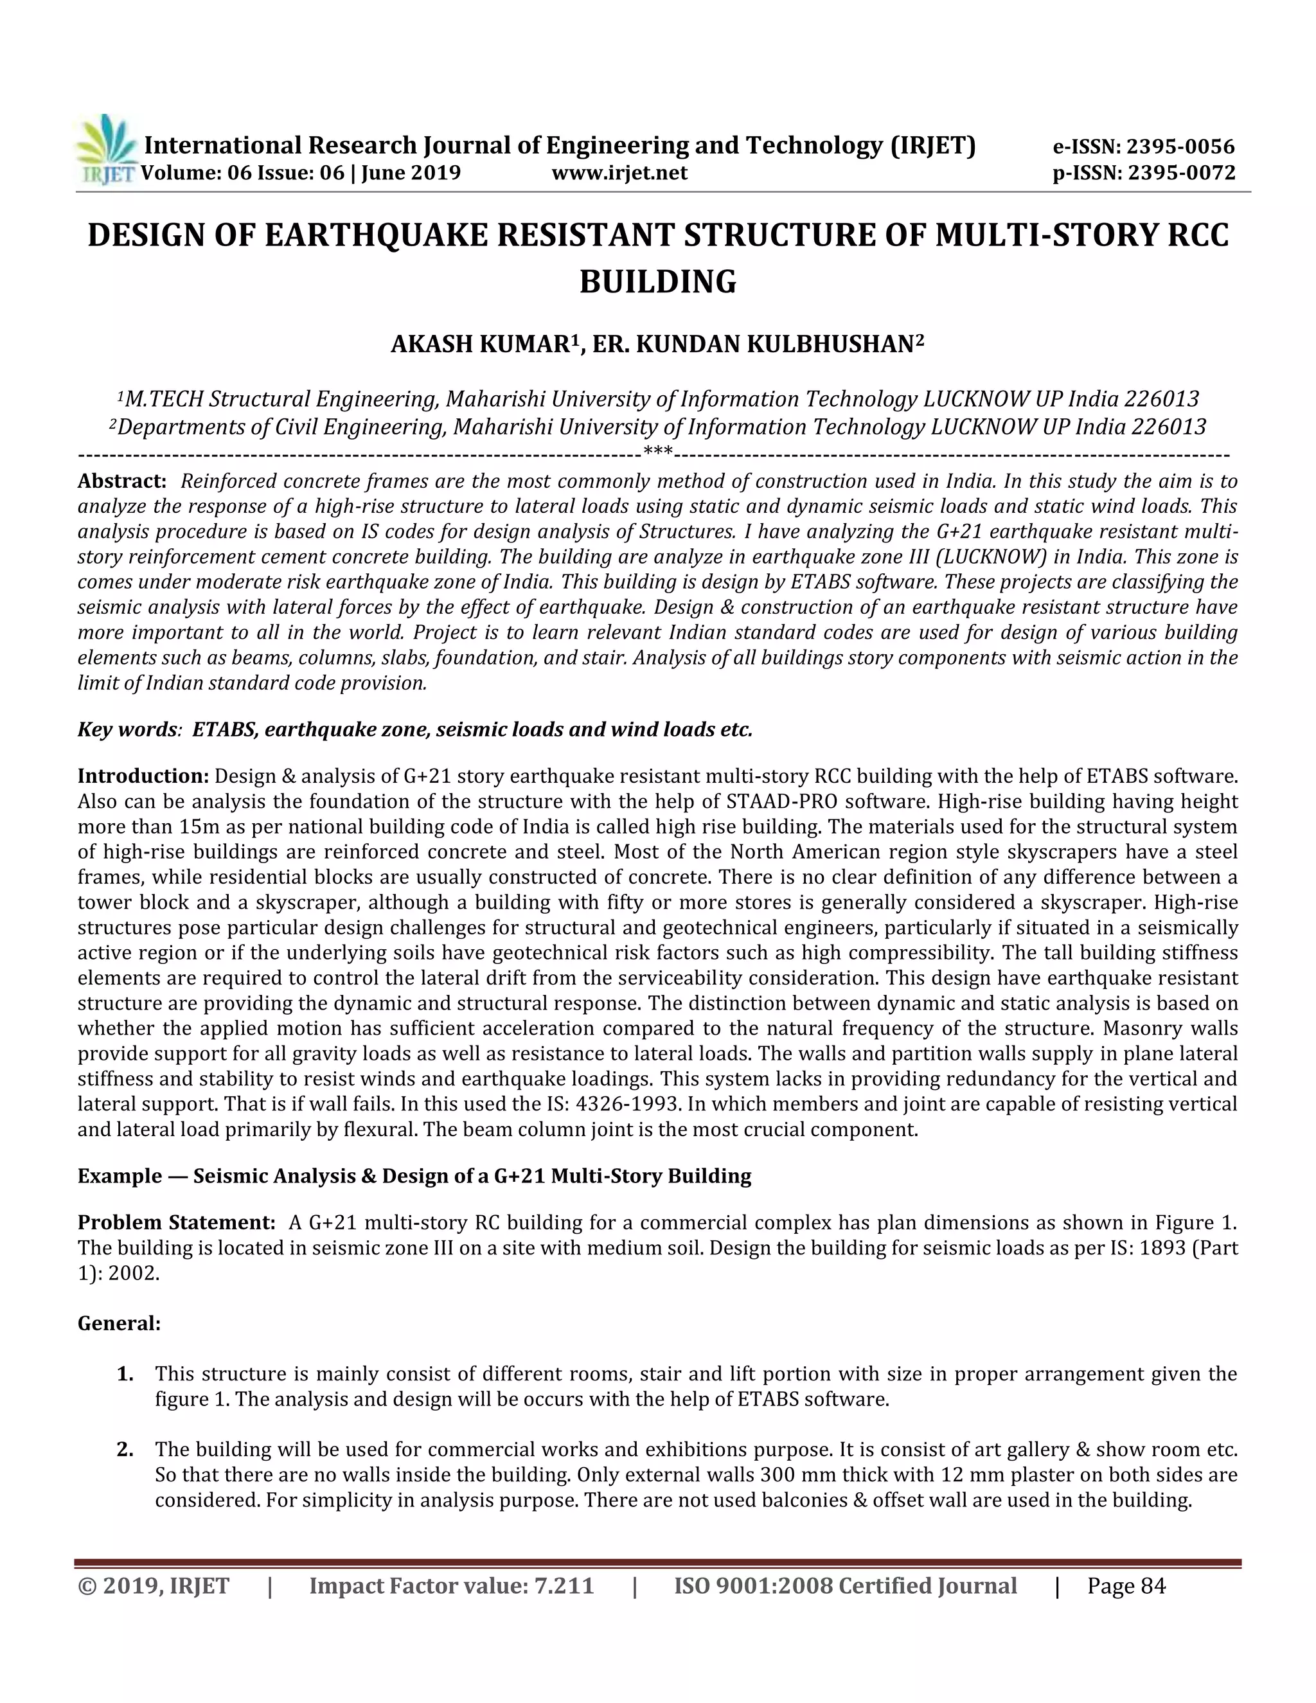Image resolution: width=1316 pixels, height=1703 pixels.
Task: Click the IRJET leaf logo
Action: pyautogui.click(x=107, y=149)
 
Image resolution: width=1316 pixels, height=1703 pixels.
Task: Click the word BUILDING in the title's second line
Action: pyautogui.click(x=657, y=281)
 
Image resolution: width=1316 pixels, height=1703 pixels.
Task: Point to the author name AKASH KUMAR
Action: pyautogui.click(x=480, y=344)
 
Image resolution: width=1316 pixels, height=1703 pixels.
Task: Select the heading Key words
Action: pyautogui.click(x=128, y=730)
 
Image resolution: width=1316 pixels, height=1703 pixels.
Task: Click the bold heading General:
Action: pyautogui.click(x=118, y=1323)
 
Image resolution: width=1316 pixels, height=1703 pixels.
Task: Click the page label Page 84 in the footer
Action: pyautogui.click(x=1126, y=1586)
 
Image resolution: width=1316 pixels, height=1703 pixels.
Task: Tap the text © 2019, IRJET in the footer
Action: pyautogui.click(x=154, y=1586)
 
